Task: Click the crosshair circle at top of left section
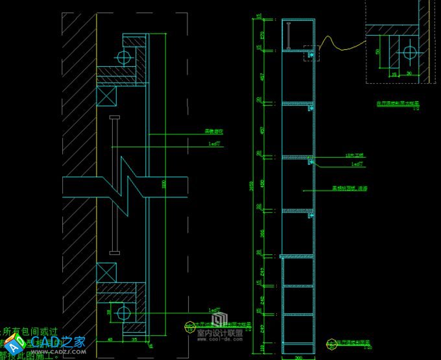123,57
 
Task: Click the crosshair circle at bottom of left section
123,313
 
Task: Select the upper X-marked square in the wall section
105,97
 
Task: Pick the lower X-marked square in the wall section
105,272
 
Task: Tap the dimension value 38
108,313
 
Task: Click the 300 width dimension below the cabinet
298,357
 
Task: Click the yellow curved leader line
337,43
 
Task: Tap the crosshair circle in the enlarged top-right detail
409,52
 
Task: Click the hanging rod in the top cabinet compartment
285,34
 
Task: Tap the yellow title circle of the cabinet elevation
331,343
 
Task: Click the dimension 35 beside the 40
134,339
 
